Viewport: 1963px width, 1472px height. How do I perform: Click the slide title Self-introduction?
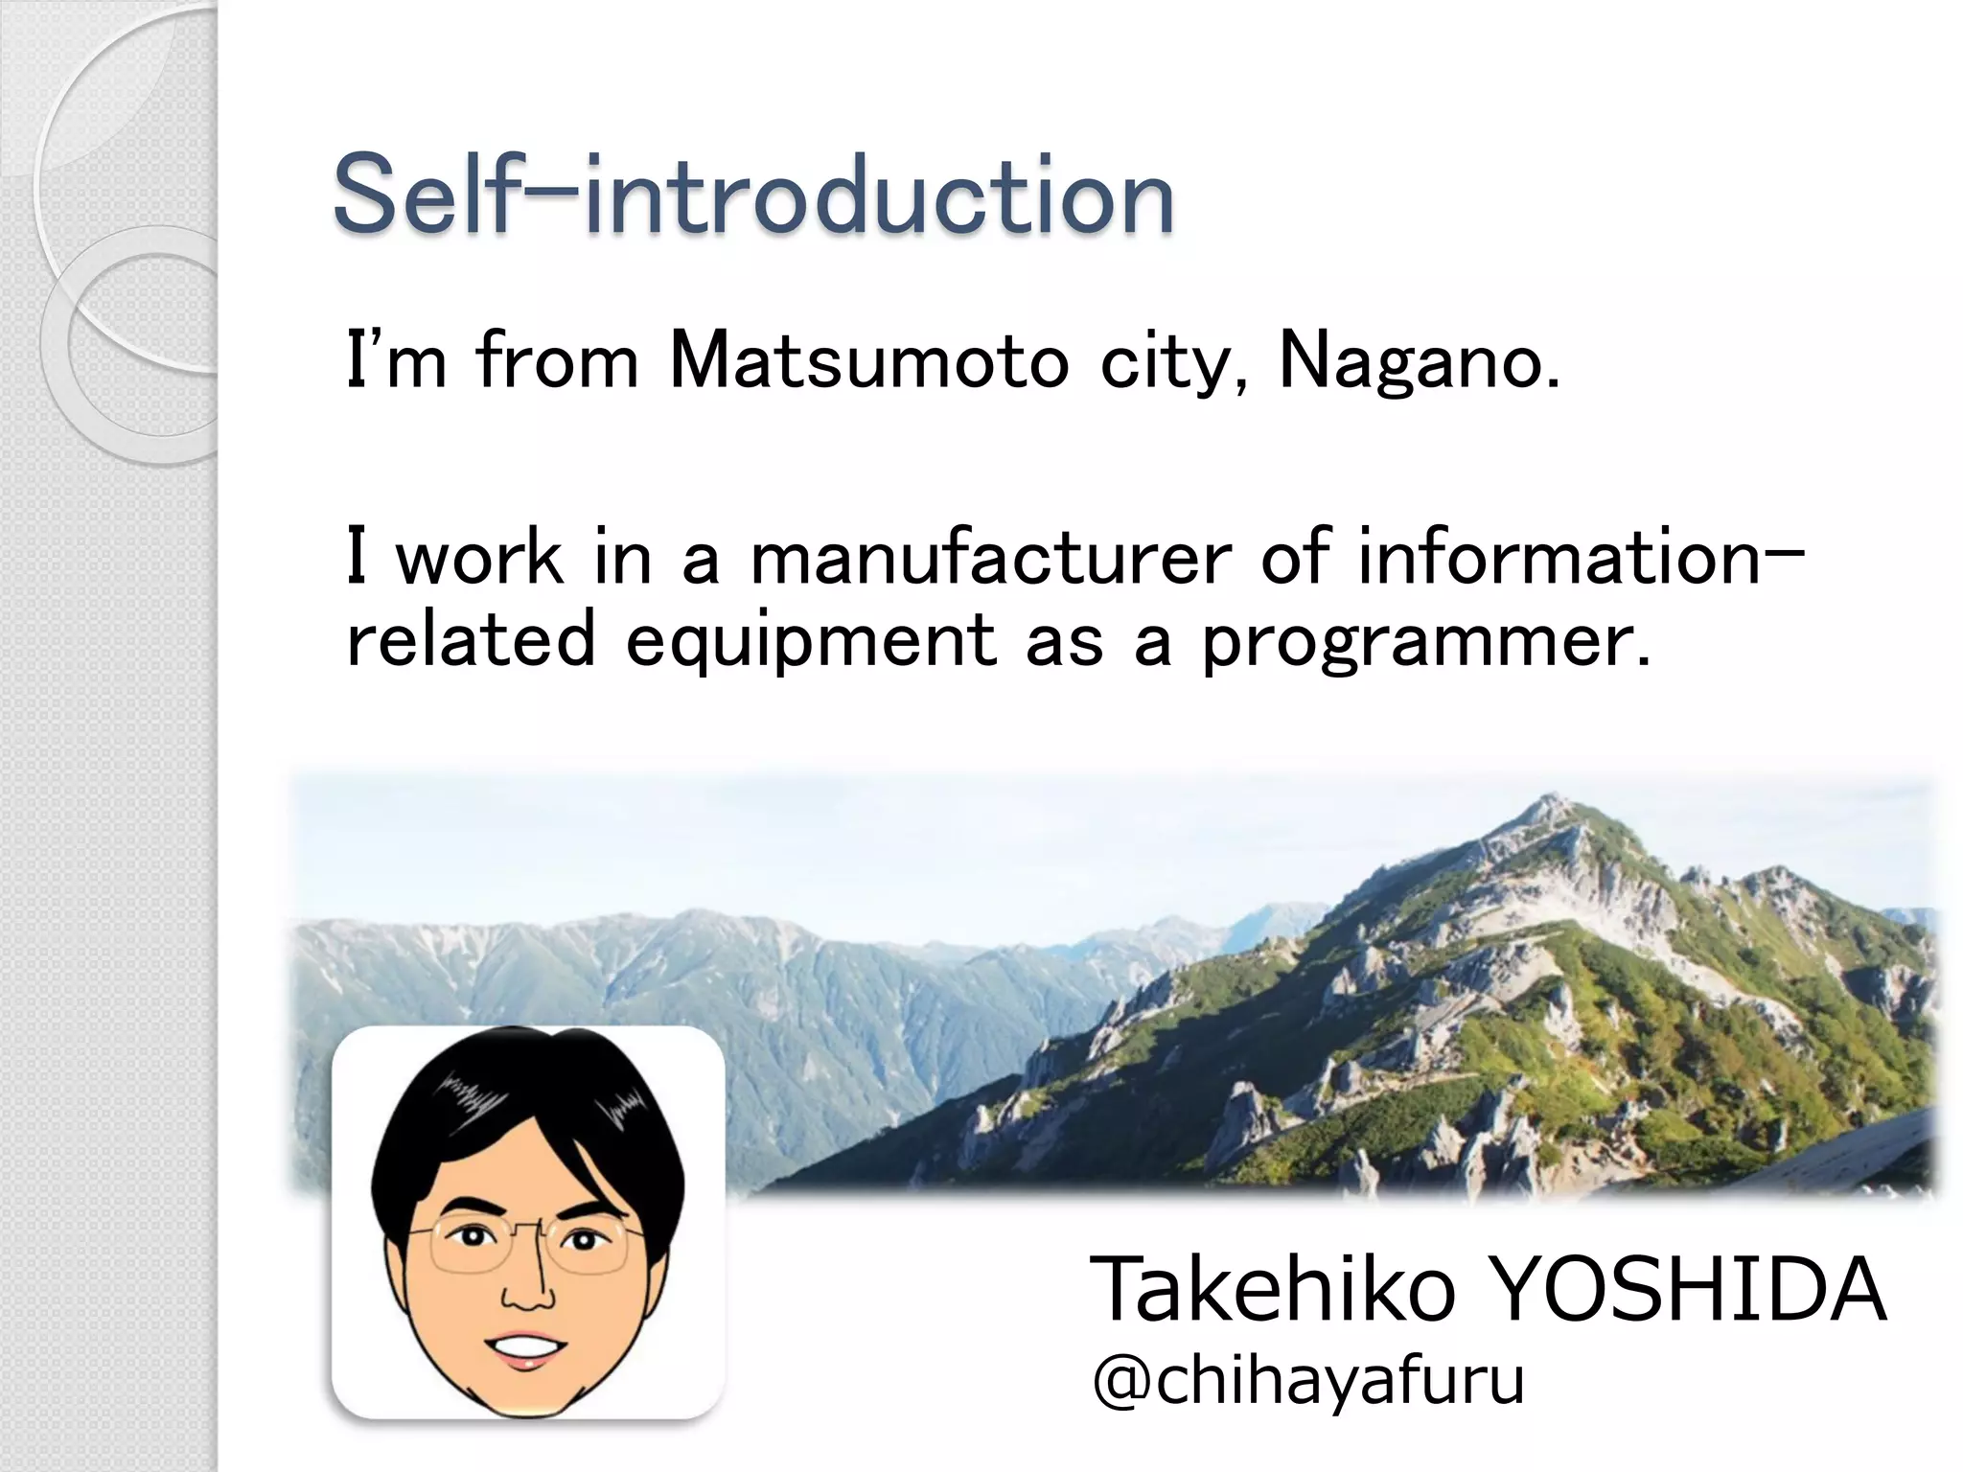point(753,197)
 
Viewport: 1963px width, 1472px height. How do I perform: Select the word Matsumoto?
point(868,362)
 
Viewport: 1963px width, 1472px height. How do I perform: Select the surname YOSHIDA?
point(1689,1290)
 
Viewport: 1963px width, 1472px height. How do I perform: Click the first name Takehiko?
point(1273,1290)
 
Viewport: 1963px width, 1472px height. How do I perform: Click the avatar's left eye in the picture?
point(470,1237)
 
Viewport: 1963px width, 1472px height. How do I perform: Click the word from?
point(556,362)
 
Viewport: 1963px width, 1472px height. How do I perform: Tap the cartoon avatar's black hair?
point(527,1102)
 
